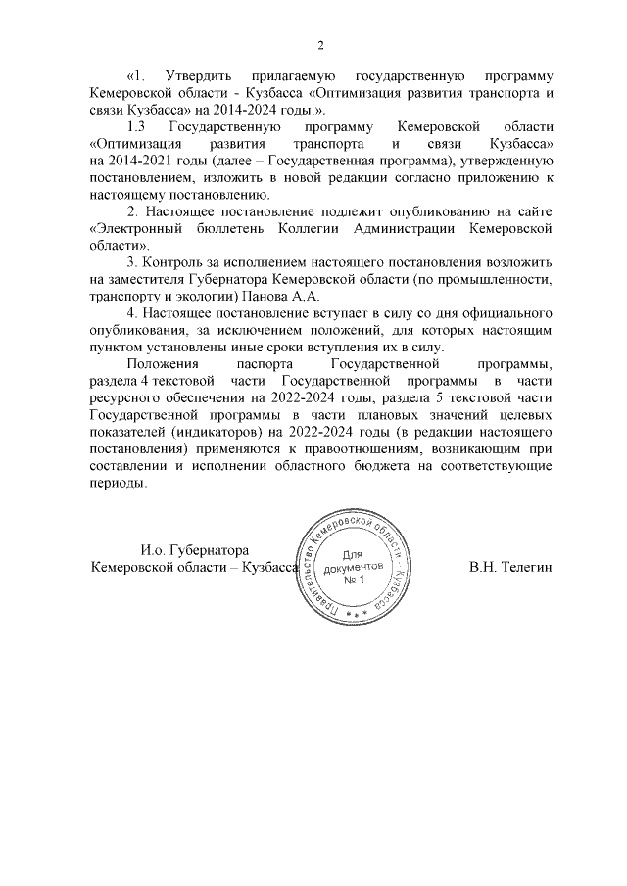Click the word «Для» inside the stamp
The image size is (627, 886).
pos(354,554)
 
